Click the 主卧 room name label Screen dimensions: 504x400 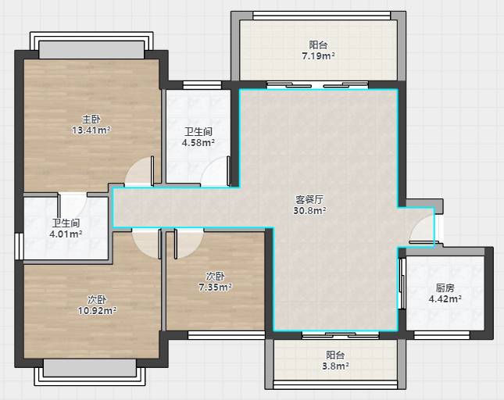click(x=91, y=120)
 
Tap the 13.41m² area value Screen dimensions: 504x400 click(x=91, y=130)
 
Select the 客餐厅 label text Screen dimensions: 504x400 click(x=309, y=199)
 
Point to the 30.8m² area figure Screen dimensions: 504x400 click(x=309, y=211)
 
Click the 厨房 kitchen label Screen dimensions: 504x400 click(x=445, y=287)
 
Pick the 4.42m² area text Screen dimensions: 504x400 click(x=445, y=299)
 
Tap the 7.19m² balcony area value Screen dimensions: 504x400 click(x=318, y=56)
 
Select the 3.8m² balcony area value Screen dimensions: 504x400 click(x=335, y=366)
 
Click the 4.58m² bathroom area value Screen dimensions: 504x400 click(x=198, y=143)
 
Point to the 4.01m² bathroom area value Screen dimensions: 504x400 click(x=66, y=234)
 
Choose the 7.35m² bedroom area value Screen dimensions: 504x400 click(x=215, y=287)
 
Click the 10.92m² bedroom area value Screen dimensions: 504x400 click(x=97, y=311)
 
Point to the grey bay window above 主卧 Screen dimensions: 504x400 click(x=91, y=50)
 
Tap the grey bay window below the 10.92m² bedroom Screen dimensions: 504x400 click(x=90, y=368)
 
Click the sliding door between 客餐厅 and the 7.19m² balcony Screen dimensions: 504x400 click(x=317, y=85)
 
